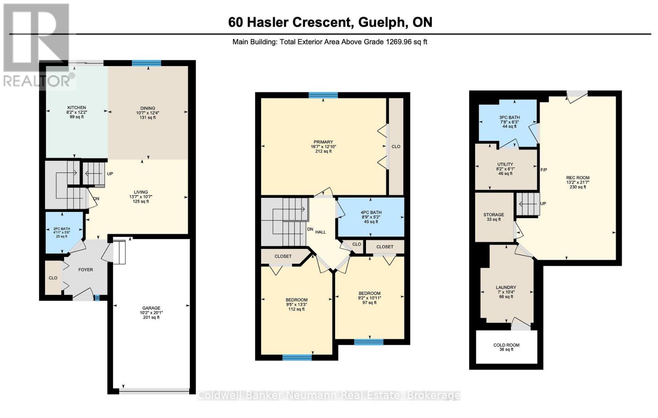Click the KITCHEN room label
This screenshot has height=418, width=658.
[76, 108]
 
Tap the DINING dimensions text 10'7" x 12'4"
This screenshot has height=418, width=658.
[148, 113]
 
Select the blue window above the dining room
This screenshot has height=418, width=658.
[146, 63]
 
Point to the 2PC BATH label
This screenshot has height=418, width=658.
[62, 229]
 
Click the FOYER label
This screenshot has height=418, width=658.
[86, 269]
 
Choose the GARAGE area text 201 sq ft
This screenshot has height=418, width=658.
[151, 318]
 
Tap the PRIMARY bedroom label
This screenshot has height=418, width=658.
[323, 142]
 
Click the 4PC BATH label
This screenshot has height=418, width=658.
[371, 213]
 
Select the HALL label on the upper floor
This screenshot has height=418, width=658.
[320, 232]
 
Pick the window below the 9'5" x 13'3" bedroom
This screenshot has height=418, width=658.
[297, 358]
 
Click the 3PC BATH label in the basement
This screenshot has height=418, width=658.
[510, 117]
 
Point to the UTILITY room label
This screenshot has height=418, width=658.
[505, 164]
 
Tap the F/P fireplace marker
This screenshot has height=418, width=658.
[544, 170]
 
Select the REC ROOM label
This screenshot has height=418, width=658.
[578, 178]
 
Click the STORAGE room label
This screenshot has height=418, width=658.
[493, 215]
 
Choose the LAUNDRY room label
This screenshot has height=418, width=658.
[506, 288]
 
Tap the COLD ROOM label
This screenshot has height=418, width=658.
[506, 345]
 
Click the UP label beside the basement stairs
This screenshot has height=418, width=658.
[543, 203]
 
